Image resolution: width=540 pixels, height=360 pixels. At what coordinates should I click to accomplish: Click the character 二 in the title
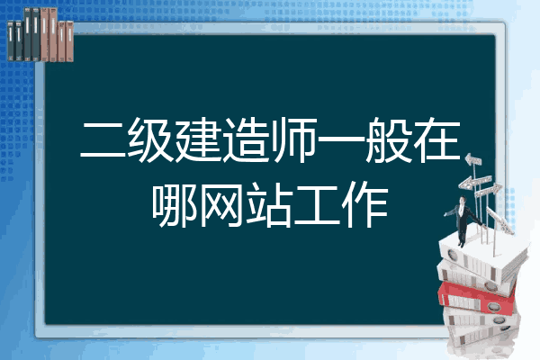103,140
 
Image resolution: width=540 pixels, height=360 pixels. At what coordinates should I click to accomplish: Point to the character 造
246,140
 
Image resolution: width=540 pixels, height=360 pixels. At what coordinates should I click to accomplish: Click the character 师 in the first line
293,140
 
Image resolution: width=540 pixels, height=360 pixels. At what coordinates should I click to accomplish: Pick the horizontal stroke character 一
341,140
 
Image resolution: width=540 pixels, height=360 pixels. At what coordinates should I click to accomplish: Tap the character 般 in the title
389,140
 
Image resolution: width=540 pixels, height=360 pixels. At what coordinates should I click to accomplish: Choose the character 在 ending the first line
436,140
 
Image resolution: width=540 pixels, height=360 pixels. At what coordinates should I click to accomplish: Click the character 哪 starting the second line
175,204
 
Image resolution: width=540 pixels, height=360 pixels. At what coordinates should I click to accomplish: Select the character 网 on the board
221,204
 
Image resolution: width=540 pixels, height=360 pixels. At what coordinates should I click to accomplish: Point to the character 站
270,204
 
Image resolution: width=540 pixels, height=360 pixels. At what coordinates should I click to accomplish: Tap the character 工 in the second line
317,205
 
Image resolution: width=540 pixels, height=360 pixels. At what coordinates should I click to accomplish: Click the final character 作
364,204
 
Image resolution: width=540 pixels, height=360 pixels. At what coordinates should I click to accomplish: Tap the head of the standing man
463,200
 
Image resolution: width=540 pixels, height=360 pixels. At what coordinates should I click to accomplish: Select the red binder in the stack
477,297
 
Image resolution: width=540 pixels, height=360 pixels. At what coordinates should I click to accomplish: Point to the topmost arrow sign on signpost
473,159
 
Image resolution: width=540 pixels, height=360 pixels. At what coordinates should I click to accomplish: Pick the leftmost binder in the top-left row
11,40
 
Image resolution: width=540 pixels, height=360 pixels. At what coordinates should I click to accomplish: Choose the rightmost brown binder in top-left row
69,41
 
